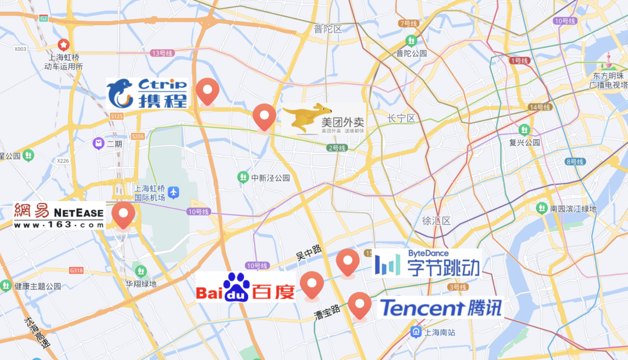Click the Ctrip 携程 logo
pyautogui.click(x=147, y=94)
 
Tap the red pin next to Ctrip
pyautogui.click(x=206, y=91)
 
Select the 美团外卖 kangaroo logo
pyautogui.click(x=323, y=119)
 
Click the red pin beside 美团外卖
pyautogui.click(x=265, y=117)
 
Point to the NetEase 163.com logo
pyautogui.click(x=59, y=215)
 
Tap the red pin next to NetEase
pyautogui.click(x=123, y=215)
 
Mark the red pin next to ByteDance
pyautogui.click(x=348, y=262)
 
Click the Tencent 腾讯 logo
pyautogui.click(x=440, y=308)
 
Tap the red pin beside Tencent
pyautogui.click(x=360, y=305)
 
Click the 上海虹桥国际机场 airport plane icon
pyautogui.click(x=174, y=192)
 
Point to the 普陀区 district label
pyautogui.click(x=327, y=29)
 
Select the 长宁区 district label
pyautogui.click(x=402, y=119)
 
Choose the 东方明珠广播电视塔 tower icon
pyautogui.click(x=609, y=60)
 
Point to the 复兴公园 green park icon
pyautogui.click(x=525, y=129)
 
